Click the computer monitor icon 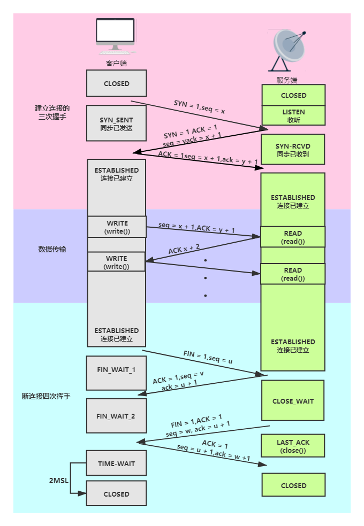point(115,36)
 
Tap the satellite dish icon point(289,51)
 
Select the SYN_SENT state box point(116,124)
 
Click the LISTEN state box point(293,115)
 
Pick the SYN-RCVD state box point(293,150)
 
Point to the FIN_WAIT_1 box point(116,370)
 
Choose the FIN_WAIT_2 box point(116,416)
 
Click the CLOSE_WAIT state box point(293,401)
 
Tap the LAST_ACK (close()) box point(293,446)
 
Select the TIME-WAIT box point(116,463)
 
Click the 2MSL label point(58,481)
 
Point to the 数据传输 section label point(52,249)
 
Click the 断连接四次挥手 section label point(46,397)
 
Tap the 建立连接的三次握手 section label point(52,112)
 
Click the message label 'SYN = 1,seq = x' point(199,106)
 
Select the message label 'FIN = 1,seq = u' point(208,357)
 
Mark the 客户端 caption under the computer point(116,63)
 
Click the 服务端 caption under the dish point(287,80)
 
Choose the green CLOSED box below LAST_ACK point(293,485)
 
